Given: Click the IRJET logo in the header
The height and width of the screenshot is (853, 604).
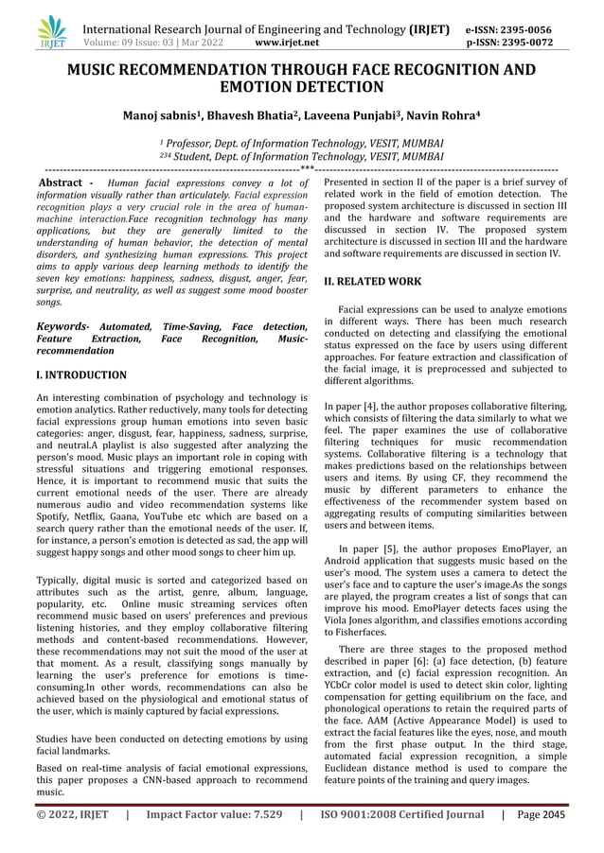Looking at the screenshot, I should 52,33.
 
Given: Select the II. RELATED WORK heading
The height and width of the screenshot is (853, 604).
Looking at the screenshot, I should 373,282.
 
